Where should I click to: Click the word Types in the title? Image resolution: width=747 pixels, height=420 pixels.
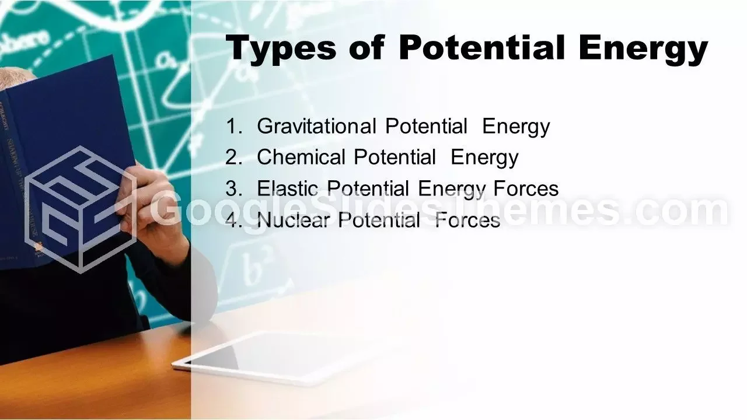tap(281, 48)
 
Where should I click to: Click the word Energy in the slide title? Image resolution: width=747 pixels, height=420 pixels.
tap(643, 48)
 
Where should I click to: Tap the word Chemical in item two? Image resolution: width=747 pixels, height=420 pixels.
tap(301, 157)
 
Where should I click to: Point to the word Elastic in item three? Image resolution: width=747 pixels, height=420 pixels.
tap(287, 188)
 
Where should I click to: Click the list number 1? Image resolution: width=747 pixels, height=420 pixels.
tap(234, 127)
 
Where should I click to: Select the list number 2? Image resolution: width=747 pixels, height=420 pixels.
tap(234, 157)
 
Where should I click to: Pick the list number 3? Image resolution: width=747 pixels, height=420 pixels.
tap(234, 188)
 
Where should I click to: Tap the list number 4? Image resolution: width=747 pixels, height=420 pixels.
tap(234, 220)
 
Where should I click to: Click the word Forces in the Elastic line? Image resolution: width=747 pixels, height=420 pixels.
tap(526, 188)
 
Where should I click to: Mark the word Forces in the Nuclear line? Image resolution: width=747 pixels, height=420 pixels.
tap(467, 220)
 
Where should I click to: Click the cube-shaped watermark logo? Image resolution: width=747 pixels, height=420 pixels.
tap(80, 209)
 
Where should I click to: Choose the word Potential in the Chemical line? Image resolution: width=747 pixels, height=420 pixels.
tap(395, 157)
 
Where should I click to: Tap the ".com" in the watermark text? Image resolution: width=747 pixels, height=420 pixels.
tap(679, 210)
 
